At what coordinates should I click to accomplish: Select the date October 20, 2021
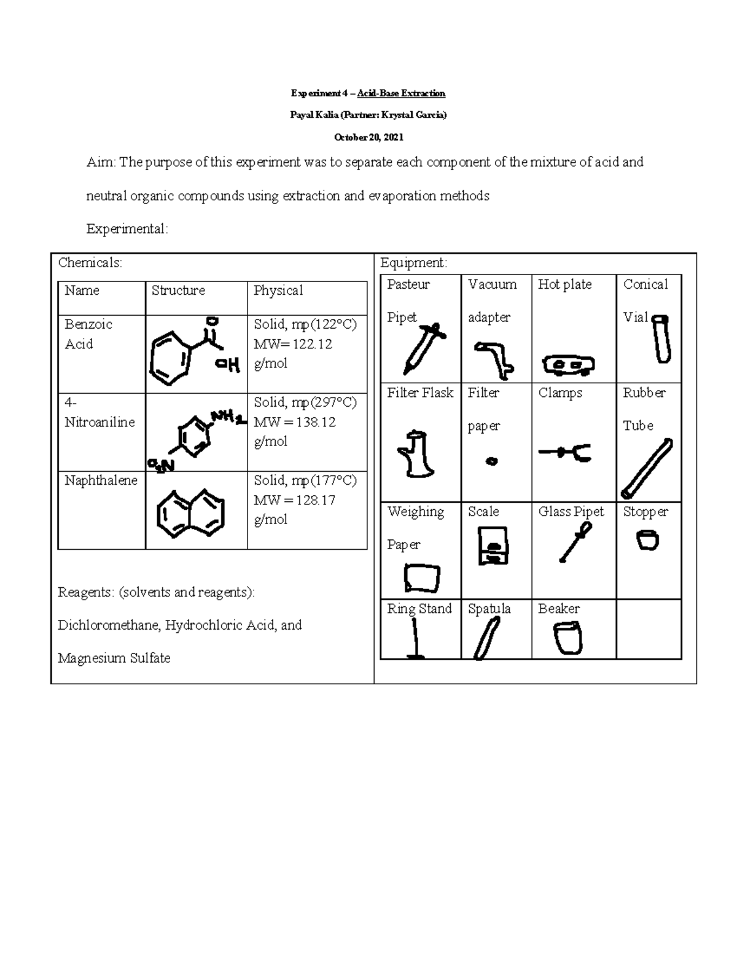click(x=368, y=137)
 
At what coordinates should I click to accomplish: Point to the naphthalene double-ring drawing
click(x=190, y=510)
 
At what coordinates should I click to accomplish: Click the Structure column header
click(x=178, y=291)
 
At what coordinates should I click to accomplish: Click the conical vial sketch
click(x=661, y=339)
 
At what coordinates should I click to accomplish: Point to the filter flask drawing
click(x=417, y=454)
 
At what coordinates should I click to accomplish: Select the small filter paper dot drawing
click(x=491, y=461)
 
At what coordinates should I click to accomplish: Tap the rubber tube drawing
click(x=646, y=468)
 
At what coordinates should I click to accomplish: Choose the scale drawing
click(x=493, y=545)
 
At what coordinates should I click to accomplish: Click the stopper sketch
click(x=647, y=541)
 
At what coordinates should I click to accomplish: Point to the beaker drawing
click(x=567, y=639)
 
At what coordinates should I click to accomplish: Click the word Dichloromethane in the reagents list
click(x=107, y=625)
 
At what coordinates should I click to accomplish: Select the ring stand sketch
click(x=416, y=639)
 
